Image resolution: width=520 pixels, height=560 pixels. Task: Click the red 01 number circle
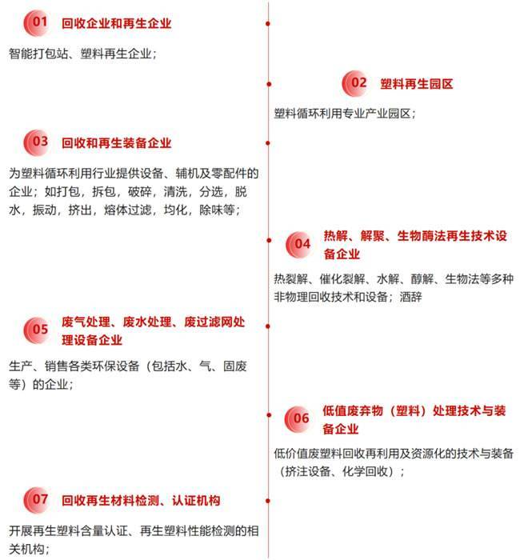tap(37, 23)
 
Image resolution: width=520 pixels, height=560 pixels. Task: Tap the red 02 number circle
tap(355, 83)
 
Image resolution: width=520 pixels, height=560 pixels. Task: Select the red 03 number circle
tap(37, 143)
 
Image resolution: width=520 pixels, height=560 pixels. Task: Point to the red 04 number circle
tap(299, 245)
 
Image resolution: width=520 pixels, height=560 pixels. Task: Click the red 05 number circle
tap(37, 330)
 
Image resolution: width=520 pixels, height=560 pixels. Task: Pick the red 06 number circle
tap(298, 419)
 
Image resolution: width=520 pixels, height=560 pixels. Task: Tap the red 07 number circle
tap(37, 500)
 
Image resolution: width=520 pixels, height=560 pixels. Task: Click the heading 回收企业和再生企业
tap(117, 23)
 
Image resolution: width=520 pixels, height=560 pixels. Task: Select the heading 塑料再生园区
tap(417, 84)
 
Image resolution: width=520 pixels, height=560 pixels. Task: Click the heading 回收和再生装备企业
tap(117, 143)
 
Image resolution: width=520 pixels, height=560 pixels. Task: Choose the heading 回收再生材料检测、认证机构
tap(141, 500)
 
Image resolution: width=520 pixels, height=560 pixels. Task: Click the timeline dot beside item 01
tap(268, 23)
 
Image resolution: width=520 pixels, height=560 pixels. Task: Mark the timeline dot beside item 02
tap(269, 84)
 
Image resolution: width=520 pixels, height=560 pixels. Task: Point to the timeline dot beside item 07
tap(268, 501)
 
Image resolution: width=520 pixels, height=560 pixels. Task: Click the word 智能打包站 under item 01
tap(38, 54)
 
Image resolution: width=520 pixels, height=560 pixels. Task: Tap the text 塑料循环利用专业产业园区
tap(342, 114)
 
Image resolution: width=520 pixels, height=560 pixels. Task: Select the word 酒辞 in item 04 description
tap(410, 297)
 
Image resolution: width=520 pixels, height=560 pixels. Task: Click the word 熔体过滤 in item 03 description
tap(128, 210)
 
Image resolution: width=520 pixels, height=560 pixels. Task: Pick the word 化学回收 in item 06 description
tap(365, 471)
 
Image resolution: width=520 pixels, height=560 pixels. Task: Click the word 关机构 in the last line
tap(26, 549)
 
